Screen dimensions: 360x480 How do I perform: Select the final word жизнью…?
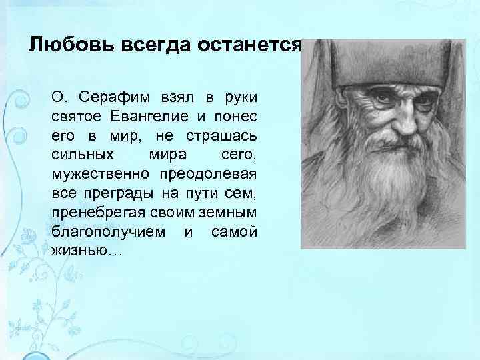[78, 251]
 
